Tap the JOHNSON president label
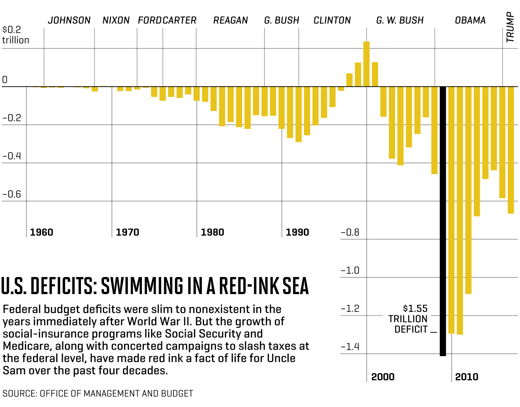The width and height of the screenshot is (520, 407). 69,20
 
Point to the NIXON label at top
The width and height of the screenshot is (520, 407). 116,20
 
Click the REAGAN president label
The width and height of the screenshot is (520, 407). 230,20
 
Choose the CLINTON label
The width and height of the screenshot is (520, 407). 332,20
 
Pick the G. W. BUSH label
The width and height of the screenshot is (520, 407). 400,20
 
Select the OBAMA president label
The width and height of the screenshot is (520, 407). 470,20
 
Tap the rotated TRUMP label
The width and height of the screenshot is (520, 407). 510,27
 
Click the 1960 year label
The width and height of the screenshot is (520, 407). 42,232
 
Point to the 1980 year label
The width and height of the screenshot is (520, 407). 212,232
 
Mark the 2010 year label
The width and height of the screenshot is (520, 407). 467,377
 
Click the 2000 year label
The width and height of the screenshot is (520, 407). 383,377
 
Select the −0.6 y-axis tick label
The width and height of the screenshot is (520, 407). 12,194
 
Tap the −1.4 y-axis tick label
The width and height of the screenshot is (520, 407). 350,347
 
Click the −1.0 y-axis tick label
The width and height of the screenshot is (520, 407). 350,270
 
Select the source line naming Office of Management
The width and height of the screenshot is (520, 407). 98,394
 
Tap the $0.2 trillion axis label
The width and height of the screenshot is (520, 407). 15,35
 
